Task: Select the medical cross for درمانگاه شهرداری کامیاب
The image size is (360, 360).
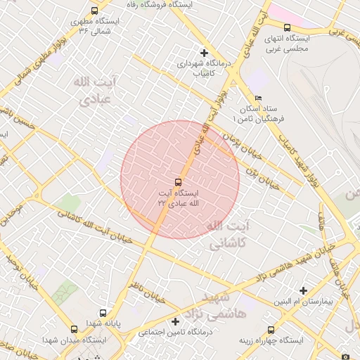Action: point(204,53)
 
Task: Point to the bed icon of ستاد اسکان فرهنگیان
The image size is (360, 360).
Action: point(258,98)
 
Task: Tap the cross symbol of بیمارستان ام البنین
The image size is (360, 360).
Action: point(303,290)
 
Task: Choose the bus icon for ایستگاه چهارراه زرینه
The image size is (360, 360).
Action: point(271,329)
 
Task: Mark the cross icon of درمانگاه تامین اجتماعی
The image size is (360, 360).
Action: point(176,321)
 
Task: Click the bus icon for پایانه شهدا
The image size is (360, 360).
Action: point(103,314)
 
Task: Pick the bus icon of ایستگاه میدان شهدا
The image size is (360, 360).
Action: point(75,329)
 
